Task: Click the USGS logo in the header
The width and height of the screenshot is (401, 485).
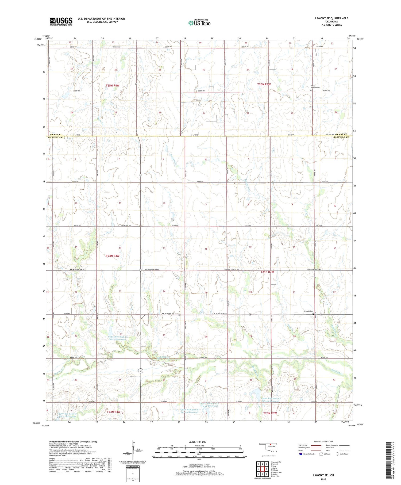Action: pyautogui.click(x=61, y=21)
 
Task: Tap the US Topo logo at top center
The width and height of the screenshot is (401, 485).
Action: pyautogui.click(x=199, y=23)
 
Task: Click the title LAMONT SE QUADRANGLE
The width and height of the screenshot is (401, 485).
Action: pyautogui.click(x=331, y=18)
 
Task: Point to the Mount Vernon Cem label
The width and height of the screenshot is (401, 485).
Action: pyautogui.click(x=315, y=87)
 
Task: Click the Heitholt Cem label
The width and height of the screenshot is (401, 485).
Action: pyautogui.click(x=308, y=311)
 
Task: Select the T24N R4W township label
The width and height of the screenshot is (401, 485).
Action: pyautogui.click(x=113, y=256)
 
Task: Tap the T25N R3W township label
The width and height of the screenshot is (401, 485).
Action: pyautogui.click(x=264, y=84)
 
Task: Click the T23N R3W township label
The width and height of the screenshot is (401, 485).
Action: pyautogui.click(x=270, y=413)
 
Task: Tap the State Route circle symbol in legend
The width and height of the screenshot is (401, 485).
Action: pyautogui.click(x=338, y=454)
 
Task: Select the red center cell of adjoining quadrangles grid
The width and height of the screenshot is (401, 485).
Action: pyautogui.click(x=263, y=469)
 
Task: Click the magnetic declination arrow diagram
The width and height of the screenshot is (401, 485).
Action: pyautogui.click(x=133, y=449)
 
